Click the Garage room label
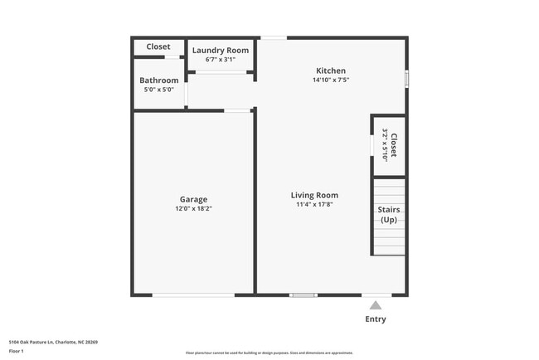point(193,199)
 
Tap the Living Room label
point(314,196)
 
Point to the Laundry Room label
point(221,51)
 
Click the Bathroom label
point(159,80)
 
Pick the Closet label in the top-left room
point(158,46)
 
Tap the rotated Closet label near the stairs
point(394,146)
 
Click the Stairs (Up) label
point(389,215)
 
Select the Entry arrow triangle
point(376,305)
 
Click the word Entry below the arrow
point(376,319)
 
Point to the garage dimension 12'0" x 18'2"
point(193,209)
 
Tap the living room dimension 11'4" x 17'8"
point(314,206)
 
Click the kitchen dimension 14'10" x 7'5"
point(331,80)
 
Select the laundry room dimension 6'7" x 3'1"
point(221,60)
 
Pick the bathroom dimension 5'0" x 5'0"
point(159,90)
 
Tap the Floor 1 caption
point(17,352)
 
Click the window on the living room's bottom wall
point(303,294)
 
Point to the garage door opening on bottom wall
point(193,294)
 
